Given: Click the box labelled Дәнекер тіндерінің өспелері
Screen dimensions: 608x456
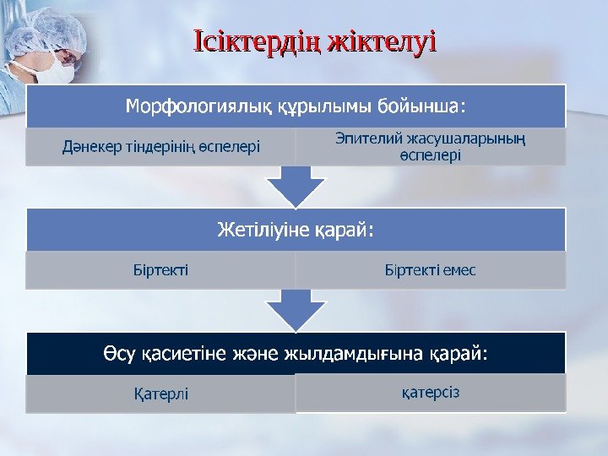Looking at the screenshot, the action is point(160,147).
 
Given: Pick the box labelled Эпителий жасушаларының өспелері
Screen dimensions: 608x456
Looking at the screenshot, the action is point(430,146).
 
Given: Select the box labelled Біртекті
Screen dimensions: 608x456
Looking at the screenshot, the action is point(160,270).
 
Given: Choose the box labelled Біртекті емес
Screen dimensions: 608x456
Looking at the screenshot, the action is point(430,270).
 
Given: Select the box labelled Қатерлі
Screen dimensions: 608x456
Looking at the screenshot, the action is point(160,394).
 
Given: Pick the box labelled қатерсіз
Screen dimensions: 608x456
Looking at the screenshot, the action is point(430,392).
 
